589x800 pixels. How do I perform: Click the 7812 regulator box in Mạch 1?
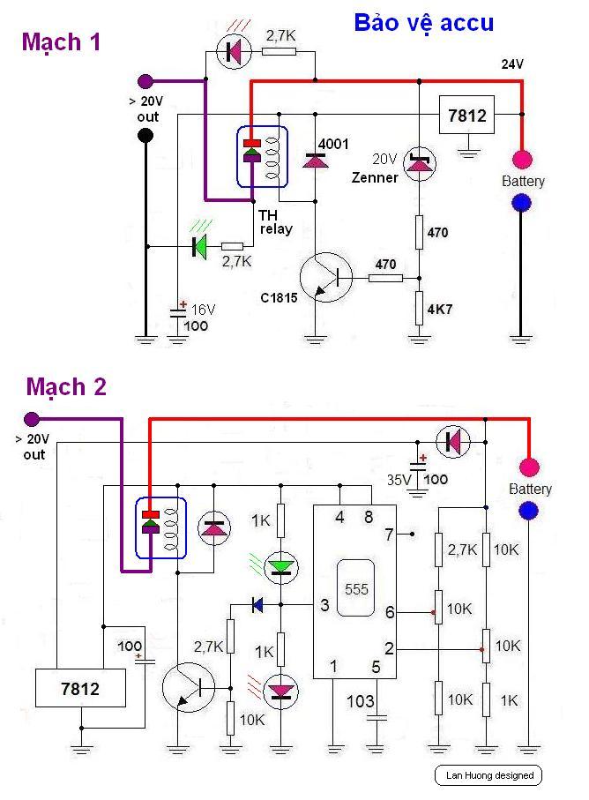466,116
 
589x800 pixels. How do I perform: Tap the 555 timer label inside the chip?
356,588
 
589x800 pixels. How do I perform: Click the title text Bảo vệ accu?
423,24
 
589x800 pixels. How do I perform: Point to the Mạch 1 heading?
61,42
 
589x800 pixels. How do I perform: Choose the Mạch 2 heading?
66,386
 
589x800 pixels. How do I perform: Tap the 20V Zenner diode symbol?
419,163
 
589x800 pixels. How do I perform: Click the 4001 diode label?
333,144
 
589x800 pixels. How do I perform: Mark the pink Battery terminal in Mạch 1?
522,160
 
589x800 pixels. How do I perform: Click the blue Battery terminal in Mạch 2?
529,510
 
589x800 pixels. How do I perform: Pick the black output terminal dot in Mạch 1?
146,135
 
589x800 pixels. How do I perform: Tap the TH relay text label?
274,221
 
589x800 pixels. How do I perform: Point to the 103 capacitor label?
360,701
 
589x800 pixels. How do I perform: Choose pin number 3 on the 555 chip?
324,605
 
